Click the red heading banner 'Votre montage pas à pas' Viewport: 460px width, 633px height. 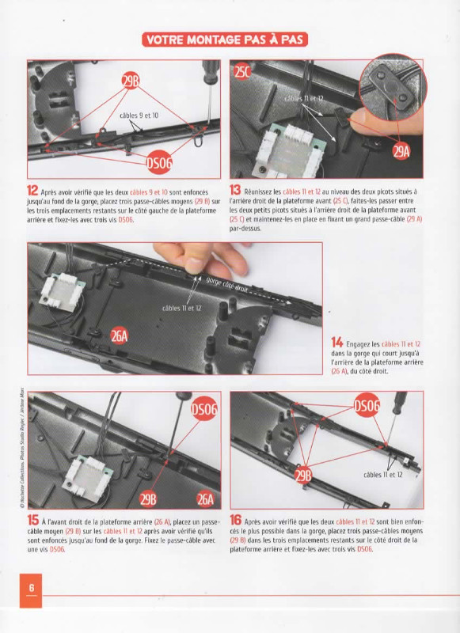[x=225, y=40]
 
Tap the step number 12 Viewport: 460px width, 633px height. [x=32, y=190]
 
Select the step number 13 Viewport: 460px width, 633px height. [x=235, y=190]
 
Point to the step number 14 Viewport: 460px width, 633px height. [x=336, y=342]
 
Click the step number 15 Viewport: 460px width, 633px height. [x=32, y=520]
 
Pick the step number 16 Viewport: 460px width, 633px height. [x=235, y=520]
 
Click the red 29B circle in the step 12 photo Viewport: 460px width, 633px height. [x=131, y=82]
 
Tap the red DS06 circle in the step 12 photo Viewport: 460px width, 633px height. [x=159, y=162]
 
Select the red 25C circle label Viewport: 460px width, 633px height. [x=242, y=71]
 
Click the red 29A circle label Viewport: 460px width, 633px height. [x=401, y=151]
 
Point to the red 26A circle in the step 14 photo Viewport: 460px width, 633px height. [x=119, y=335]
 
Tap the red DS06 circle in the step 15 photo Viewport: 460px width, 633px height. [x=204, y=409]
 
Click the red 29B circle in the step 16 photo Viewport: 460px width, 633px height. [x=303, y=476]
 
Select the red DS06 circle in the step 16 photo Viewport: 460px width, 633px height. [x=367, y=405]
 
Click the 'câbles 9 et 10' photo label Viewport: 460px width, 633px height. [x=139, y=116]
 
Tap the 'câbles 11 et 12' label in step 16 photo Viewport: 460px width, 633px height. [x=383, y=475]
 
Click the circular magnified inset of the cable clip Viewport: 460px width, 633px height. [x=391, y=86]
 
